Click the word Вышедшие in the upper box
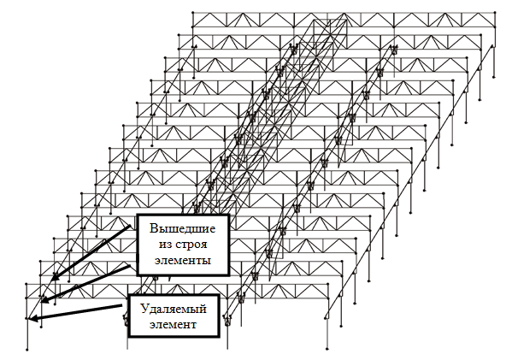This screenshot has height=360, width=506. pos(182,228)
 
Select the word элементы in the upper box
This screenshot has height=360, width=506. pos(183,260)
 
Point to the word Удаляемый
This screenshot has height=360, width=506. pos(174,309)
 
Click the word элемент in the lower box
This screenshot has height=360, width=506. pos(173,324)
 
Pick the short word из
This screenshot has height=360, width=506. pos(165,245)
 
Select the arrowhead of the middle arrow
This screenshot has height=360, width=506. pos(45,299)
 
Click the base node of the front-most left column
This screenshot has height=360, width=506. pos(27,350)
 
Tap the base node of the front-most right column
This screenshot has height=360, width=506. pos(327,349)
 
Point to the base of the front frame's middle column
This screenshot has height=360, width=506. pos(227,349)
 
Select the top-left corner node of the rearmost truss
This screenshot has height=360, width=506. pos(193,13)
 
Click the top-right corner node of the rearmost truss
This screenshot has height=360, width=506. pos(495,13)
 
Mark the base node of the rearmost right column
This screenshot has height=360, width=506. pos(494,77)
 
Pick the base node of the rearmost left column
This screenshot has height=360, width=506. pos(194,78)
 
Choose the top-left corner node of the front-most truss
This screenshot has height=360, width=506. pos(26,285)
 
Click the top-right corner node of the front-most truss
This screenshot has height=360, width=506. pos(328,285)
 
